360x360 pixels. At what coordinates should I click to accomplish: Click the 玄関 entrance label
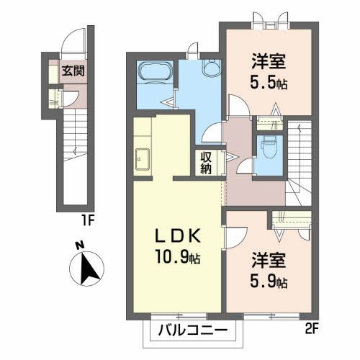(x=70, y=71)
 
